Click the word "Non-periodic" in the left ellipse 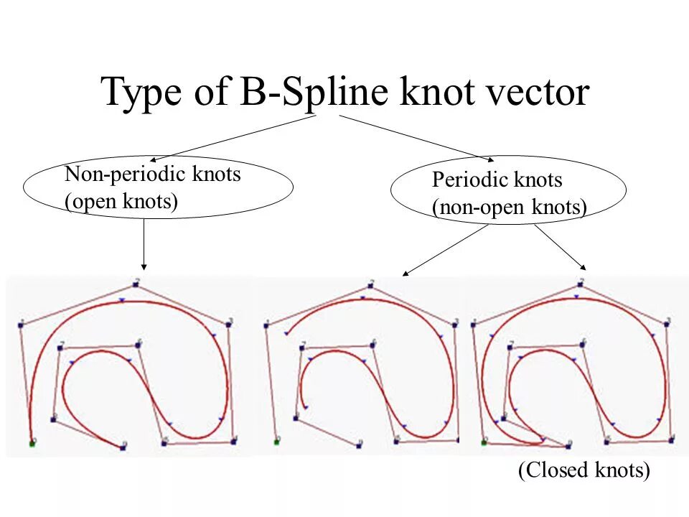123,174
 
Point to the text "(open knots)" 121,202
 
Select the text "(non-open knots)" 510,208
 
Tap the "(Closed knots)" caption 583,471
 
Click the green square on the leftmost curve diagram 32,444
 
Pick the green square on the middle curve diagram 276,442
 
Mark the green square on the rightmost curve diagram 483,442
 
